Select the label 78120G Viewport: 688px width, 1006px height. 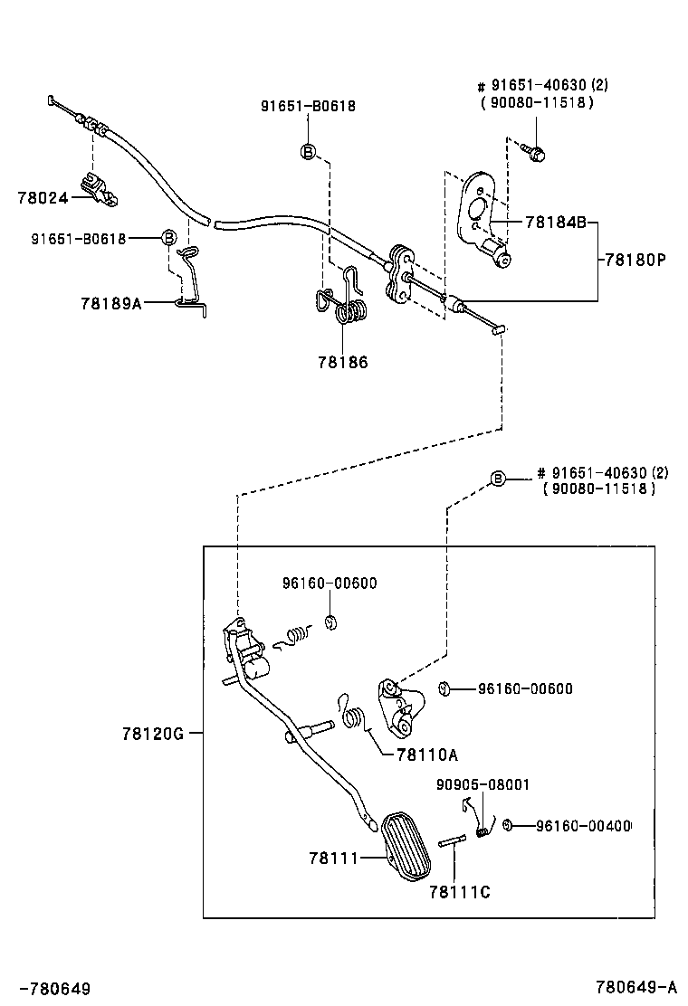[x=153, y=734]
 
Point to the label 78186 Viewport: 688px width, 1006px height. [x=343, y=362]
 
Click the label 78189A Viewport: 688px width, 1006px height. [x=112, y=304]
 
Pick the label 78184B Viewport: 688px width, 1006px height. [x=553, y=222]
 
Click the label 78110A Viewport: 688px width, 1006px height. [x=426, y=754]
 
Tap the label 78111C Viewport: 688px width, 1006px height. [x=460, y=892]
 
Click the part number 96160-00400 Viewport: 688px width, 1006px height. [x=583, y=825]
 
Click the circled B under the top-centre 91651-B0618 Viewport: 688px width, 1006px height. [x=308, y=151]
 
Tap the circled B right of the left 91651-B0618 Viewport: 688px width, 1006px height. [x=167, y=239]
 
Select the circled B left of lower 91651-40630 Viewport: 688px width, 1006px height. [x=497, y=479]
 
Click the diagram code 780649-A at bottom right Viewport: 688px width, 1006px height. [x=636, y=986]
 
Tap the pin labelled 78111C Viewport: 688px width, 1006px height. [x=453, y=841]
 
